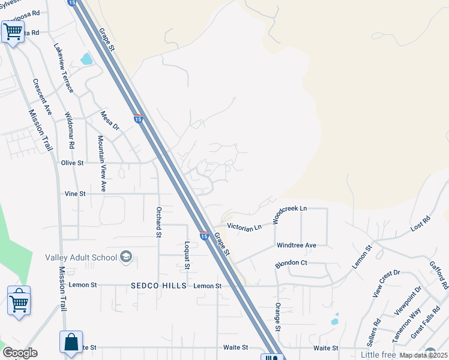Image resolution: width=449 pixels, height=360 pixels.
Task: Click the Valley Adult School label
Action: (x=80, y=258)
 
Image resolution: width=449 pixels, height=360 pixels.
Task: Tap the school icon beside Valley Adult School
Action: (x=126, y=257)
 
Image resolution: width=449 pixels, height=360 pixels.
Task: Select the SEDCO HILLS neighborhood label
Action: (x=158, y=286)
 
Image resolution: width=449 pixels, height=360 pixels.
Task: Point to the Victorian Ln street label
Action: (x=244, y=227)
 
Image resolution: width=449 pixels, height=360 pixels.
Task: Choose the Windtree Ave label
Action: (x=296, y=245)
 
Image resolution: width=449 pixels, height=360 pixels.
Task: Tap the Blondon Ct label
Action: (x=291, y=263)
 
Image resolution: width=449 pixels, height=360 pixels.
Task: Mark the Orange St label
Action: (x=278, y=316)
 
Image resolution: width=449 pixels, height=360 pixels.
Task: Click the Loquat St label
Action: (x=187, y=255)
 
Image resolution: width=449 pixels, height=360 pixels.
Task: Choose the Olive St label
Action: (x=72, y=162)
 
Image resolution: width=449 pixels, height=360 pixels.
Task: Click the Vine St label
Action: (x=76, y=194)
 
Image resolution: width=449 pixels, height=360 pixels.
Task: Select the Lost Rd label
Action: (x=421, y=224)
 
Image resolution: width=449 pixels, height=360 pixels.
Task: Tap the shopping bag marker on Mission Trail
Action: (x=71, y=343)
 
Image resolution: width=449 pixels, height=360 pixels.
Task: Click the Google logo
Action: (x=20, y=353)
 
